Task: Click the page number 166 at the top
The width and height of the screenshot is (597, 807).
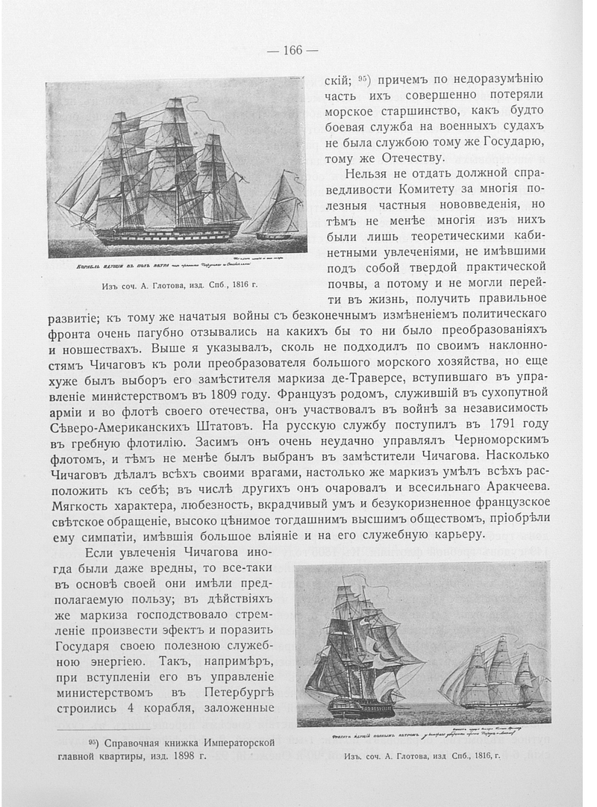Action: coord(293,50)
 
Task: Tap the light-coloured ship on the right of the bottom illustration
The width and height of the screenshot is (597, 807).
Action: coord(493,676)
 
